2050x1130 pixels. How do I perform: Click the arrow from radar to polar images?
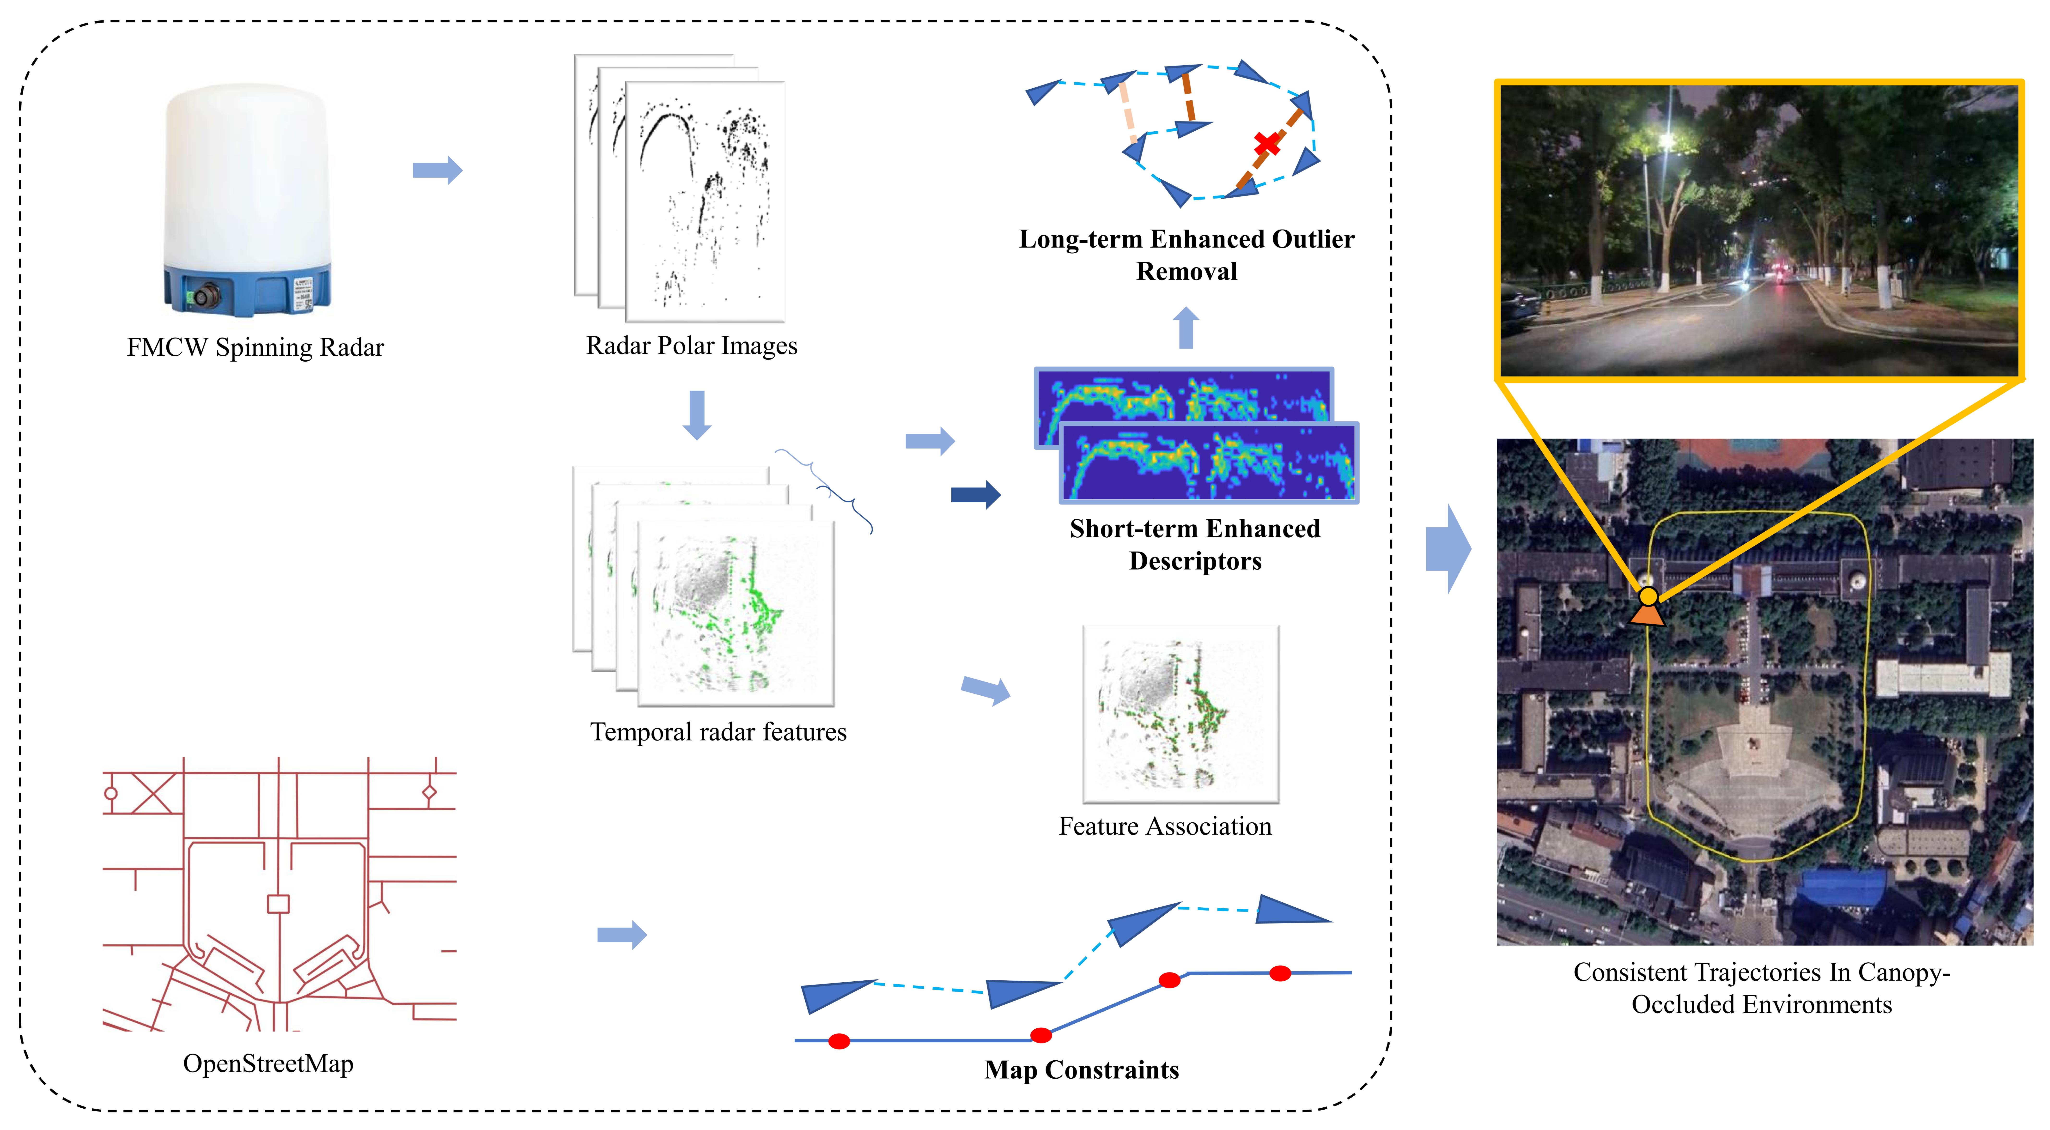[437, 170]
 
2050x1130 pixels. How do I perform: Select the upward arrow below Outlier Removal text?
[1186, 328]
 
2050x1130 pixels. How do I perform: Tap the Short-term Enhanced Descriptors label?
[1194, 544]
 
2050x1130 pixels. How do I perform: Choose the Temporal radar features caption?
[718, 732]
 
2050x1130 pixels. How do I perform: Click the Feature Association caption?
[1164, 827]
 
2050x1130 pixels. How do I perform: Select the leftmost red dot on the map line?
[839, 1041]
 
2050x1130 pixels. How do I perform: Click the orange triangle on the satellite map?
[1647, 614]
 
